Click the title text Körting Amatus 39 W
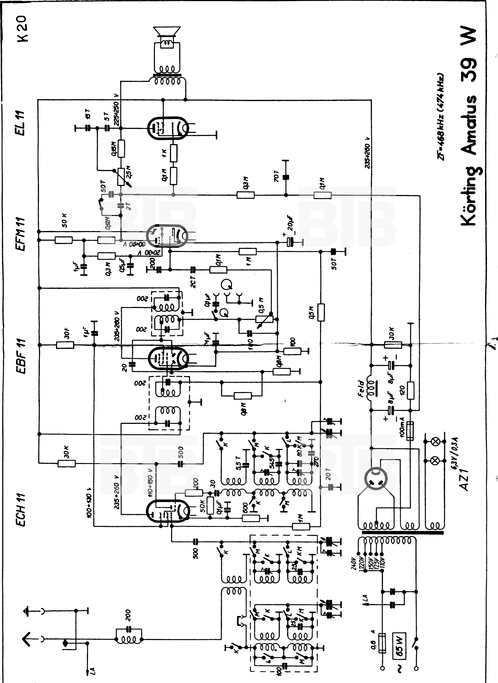point(469,127)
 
